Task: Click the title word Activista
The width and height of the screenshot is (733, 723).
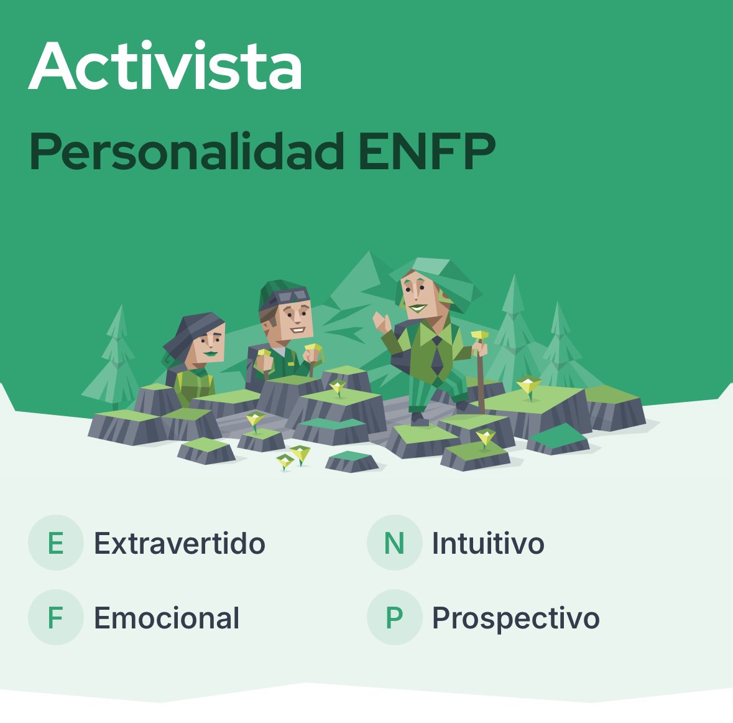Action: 165,67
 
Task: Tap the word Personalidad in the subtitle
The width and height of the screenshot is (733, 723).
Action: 187,151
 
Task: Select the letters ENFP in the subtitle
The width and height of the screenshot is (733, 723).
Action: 427,151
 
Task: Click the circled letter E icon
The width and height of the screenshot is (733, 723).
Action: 55,543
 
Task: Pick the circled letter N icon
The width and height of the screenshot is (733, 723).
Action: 394,543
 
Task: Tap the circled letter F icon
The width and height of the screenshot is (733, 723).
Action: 55,617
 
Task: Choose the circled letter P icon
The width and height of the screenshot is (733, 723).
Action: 394,617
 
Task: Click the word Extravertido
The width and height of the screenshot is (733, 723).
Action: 180,543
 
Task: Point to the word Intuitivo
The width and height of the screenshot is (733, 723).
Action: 488,543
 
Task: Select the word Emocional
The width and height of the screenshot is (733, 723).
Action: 167,618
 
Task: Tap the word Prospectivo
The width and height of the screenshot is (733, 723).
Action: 516,618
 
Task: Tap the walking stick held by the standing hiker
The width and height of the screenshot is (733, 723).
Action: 480,373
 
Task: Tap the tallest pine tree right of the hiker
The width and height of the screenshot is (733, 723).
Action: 514,330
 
